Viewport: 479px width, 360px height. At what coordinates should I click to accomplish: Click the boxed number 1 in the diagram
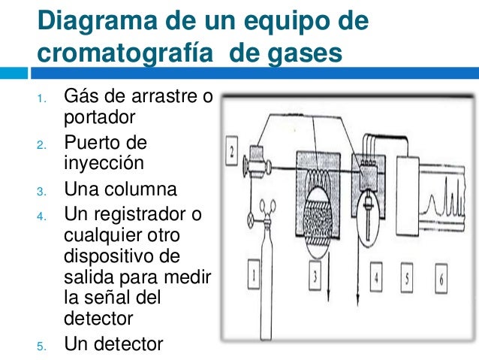pyautogui.click(x=254, y=274)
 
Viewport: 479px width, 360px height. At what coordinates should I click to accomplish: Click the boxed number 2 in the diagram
pyautogui.click(x=231, y=151)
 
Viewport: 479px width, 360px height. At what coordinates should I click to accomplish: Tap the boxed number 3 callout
pyautogui.click(x=315, y=276)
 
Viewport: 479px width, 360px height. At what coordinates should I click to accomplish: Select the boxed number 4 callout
pyautogui.click(x=376, y=277)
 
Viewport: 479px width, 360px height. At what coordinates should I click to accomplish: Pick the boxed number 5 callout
pyautogui.click(x=407, y=278)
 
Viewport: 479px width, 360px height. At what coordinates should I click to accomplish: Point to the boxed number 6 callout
pyautogui.click(x=441, y=279)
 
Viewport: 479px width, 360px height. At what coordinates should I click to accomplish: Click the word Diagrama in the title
pyautogui.click(x=98, y=21)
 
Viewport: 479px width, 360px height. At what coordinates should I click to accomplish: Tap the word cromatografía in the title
pyautogui.click(x=125, y=53)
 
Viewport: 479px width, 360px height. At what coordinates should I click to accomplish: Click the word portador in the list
pyautogui.click(x=100, y=117)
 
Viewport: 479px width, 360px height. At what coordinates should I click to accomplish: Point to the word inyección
pyautogui.click(x=104, y=163)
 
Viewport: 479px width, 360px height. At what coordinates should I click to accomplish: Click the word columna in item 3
pyautogui.click(x=141, y=189)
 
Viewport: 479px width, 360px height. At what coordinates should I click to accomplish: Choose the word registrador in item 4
pyautogui.click(x=140, y=214)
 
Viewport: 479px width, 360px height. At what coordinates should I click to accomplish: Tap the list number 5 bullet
pyautogui.click(x=41, y=346)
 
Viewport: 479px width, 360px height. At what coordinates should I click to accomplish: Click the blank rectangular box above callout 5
pyautogui.click(x=408, y=195)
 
